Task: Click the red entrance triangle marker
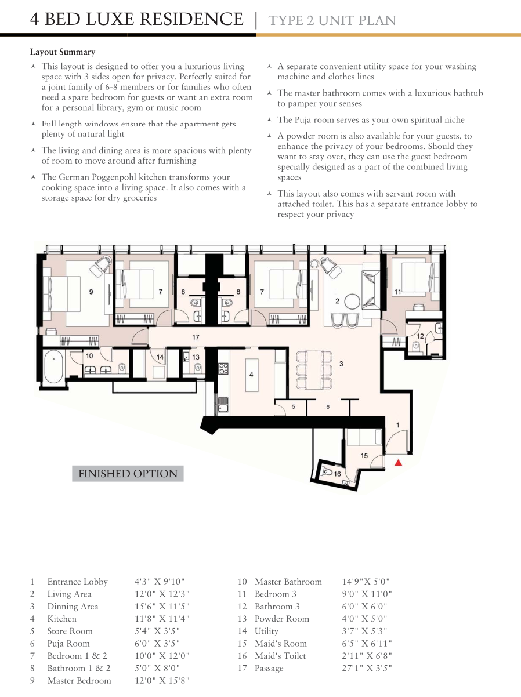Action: click(399, 463)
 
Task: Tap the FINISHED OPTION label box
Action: click(128, 473)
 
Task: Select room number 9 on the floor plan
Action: click(91, 292)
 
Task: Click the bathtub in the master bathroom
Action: click(53, 366)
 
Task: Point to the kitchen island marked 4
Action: click(251, 375)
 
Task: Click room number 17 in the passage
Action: click(196, 337)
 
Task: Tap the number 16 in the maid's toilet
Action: click(338, 474)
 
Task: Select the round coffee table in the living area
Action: click(352, 302)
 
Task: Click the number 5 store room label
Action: click(294, 406)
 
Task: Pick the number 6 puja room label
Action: click(328, 406)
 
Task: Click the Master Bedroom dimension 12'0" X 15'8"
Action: click(162, 681)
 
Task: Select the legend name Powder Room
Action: click(282, 619)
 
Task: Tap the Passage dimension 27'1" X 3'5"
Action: click(367, 668)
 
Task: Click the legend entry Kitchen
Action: click(62, 619)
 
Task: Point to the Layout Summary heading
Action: click(63, 52)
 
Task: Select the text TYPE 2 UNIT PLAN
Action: click(332, 20)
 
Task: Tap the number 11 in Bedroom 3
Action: click(397, 292)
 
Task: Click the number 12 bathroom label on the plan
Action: click(420, 336)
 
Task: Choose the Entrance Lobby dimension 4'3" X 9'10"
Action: click(160, 582)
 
